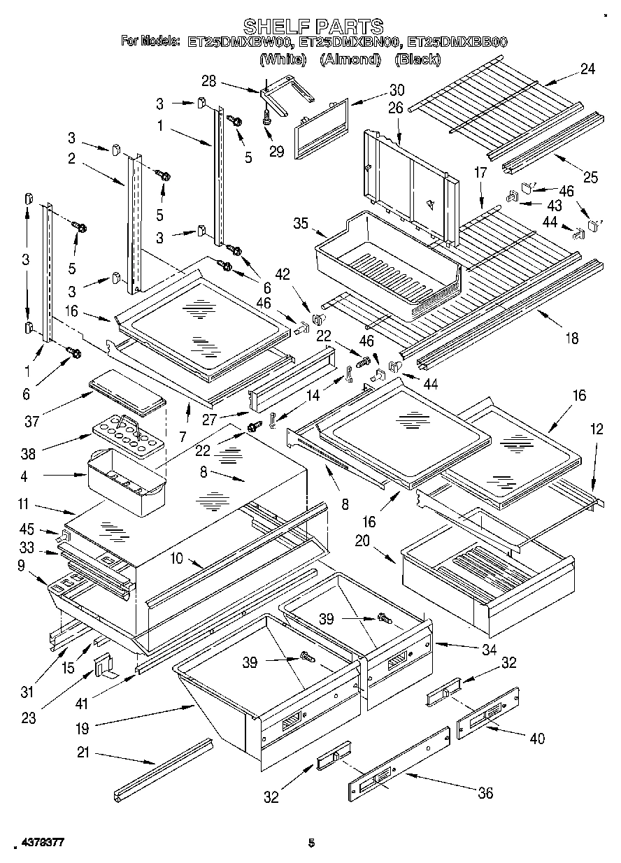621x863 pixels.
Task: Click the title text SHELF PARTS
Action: click(x=313, y=27)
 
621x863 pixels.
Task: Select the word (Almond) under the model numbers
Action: click(x=349, y=59)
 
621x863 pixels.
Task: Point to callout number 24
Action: click(x=587, y=69)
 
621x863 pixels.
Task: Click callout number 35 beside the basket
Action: click(x=300, y=224)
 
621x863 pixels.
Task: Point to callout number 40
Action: click(x=537, y=738)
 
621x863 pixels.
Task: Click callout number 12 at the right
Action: click(x=595, y=431)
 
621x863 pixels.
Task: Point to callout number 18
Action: click(x=571, y=338)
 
